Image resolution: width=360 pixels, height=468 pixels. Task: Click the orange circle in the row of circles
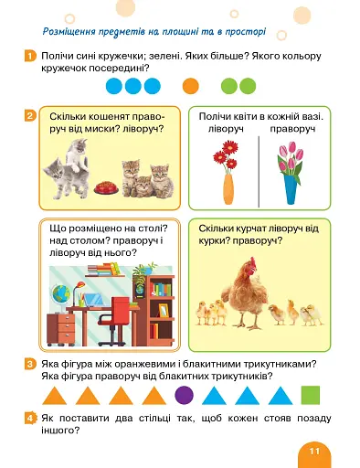pos(191,86)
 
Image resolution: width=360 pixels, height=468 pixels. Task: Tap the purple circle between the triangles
pos(185,395)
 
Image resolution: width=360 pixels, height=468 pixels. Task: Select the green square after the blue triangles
pos(311,395)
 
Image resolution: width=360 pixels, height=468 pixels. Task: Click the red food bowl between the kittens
pos(106,188)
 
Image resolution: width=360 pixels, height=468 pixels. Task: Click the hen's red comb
pos(253,262)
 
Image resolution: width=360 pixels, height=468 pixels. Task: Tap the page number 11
pos(314,451)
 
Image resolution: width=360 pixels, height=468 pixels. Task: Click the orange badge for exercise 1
pos(30,56)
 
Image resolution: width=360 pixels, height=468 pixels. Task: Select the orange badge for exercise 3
pos(30,364)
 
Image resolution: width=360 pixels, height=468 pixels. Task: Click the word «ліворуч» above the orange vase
pos(226,129)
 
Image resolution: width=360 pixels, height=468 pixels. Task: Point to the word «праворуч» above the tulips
pos(292,129)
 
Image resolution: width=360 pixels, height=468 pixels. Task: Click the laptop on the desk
pos(93,300)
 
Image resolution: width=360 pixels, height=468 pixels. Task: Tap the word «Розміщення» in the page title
pos(69,31)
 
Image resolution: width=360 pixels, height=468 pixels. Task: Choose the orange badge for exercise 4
pos(30,419)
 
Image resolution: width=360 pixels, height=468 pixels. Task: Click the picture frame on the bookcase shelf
pos(164,310)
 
